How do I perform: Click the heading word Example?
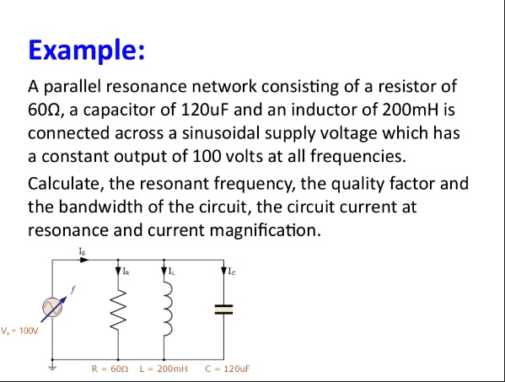click(87, 50)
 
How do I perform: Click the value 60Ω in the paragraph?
click(46, 110)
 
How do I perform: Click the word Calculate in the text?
click(64, 183)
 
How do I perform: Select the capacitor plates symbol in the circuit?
click(223, 309)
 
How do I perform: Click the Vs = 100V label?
click(19, 331)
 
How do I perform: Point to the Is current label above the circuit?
click(82, 251)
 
